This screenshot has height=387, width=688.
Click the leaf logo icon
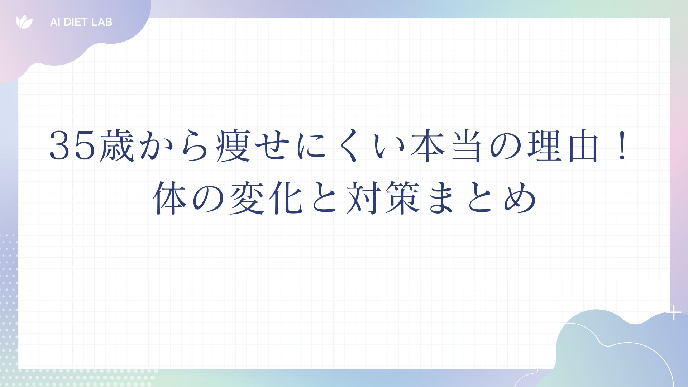[24, 22]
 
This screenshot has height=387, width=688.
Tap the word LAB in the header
[102, 22]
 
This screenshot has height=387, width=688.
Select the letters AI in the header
[54, 22]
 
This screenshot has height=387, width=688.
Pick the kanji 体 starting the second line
[169, 198]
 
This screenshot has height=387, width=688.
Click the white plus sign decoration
[674, 312]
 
